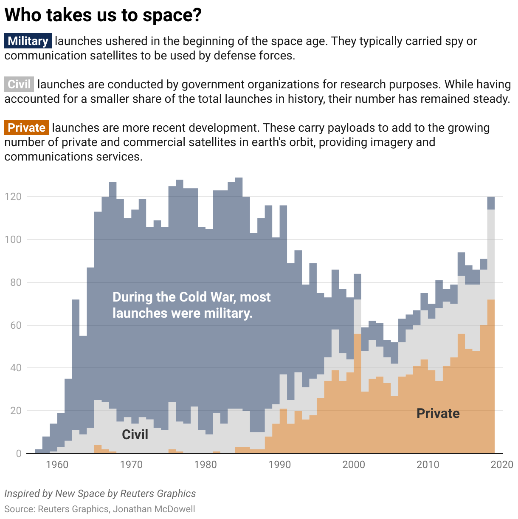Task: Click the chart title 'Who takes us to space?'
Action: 103,15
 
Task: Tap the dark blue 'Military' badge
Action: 28,41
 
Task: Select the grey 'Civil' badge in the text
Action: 19,85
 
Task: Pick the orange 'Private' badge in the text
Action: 27,128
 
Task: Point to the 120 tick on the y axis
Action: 13,197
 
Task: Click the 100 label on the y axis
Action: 13,240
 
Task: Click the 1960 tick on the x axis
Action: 57,465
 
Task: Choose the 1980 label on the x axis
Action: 206,465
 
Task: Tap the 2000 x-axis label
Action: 354,465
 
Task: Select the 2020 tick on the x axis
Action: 502,465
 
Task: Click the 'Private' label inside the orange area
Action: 438,413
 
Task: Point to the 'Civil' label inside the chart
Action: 135,434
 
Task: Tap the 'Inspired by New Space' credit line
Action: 100,494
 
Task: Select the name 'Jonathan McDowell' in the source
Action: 154,509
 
